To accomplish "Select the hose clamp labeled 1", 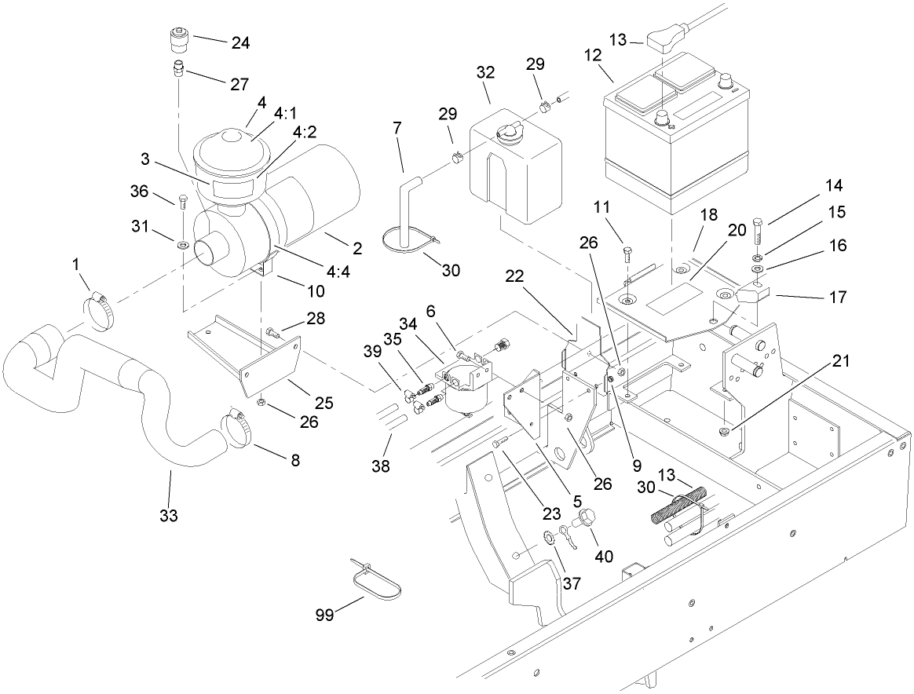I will pos(99,309).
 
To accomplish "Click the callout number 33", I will pos(169,516).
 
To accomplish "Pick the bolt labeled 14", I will pos(758,232).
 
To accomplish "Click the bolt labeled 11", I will pos(627,254).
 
